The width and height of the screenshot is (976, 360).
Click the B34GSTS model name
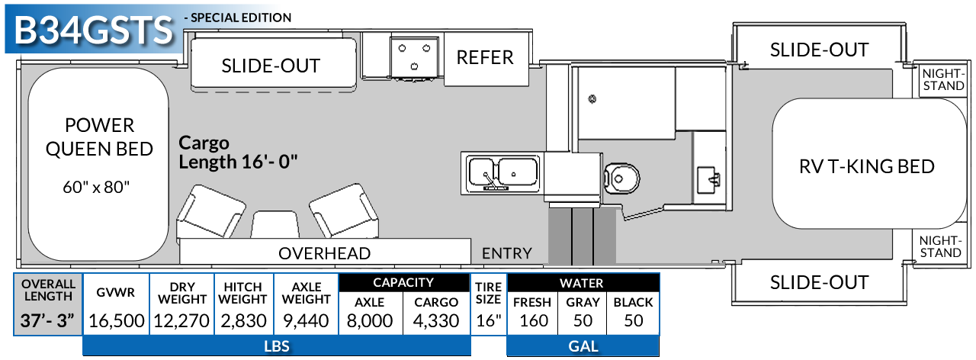(x=94, y=30)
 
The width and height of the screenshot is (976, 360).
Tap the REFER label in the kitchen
(x=485, y=57)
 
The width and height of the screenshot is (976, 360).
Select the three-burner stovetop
(x=414, y=57)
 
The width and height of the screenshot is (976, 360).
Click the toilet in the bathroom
(x=621, y=178)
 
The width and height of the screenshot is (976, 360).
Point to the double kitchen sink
(x=502, y=173)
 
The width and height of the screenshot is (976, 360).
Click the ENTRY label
(x=507, y=253)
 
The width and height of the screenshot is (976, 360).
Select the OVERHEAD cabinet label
(x=325, y=253)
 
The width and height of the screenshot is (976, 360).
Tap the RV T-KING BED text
(x=867, y=166)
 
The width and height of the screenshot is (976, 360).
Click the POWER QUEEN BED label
(x=99, y=137)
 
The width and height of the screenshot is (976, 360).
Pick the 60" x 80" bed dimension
(x=96, y=187)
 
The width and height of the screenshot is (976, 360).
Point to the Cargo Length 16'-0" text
(x=238, y=152)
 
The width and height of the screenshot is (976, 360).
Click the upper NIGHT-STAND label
(x=943, y=79)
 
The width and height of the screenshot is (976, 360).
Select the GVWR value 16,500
(x=117, y=321)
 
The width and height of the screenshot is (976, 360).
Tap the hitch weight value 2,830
(x=243, y=321)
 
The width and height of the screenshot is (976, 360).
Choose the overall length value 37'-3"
(x=47, y=321)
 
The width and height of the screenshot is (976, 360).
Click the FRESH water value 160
(x=534, y=321)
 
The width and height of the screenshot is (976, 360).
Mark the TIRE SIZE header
(x=489, y=293)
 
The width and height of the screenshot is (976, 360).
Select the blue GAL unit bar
(x=583, y=346)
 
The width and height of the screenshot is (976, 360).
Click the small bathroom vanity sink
(x=709, y=179)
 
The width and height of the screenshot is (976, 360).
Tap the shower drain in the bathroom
(x=592, y=99)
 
